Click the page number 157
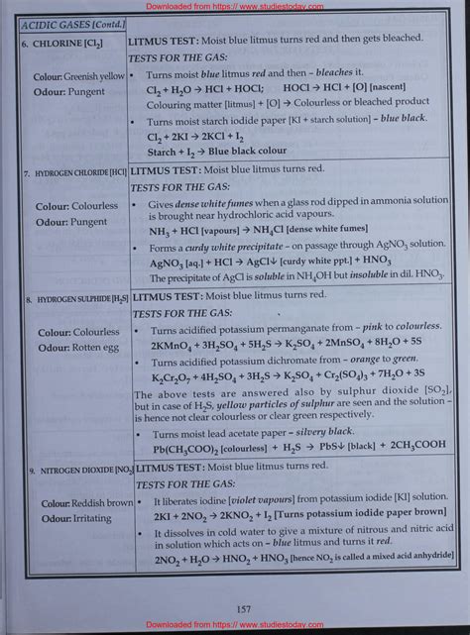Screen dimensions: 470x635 (235, 608)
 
